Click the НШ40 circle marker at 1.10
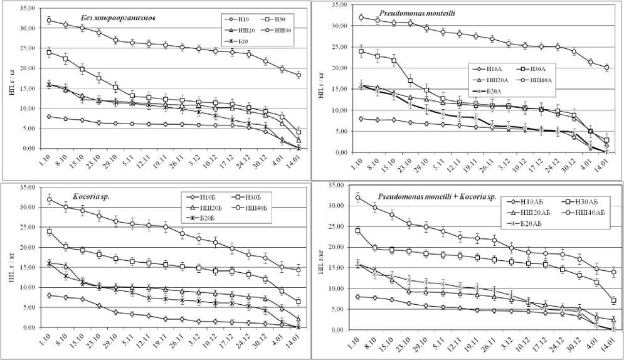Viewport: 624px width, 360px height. [x=49, y=21]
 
